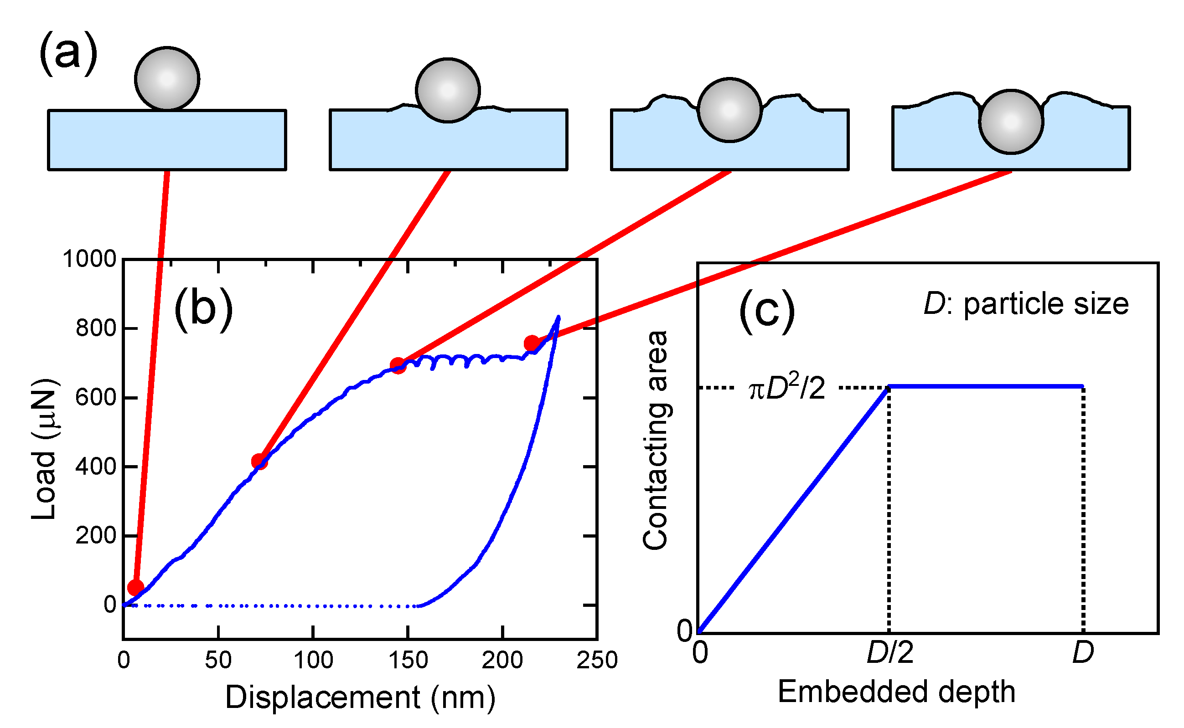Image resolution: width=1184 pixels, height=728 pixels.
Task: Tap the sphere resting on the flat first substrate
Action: [167, 79]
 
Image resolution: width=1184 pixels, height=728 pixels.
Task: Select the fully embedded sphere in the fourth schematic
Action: [1011, 122]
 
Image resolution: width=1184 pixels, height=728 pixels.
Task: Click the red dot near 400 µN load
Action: [259, 461]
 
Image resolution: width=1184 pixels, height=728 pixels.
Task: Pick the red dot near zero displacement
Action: [136, 587]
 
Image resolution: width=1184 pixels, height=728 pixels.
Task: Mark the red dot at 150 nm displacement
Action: [398, 365]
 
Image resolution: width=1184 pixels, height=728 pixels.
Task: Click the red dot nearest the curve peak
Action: [532, 343]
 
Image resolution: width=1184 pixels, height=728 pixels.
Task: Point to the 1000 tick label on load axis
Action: [90, 259]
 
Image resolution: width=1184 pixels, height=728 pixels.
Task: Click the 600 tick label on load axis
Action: [96, 398]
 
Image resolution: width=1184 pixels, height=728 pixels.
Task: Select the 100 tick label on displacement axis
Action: [313, 660]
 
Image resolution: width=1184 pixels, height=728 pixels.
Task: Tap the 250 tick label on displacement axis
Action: [597, 660]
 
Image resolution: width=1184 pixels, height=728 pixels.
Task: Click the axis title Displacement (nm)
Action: [360, 697]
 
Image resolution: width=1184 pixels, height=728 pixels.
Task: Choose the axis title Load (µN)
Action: [44, 449]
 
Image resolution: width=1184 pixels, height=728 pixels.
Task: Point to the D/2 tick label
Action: [889, 653]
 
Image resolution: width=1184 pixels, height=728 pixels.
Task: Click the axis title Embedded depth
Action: [896, 692]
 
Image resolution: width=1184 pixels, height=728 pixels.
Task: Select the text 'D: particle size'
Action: [1026, 304]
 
